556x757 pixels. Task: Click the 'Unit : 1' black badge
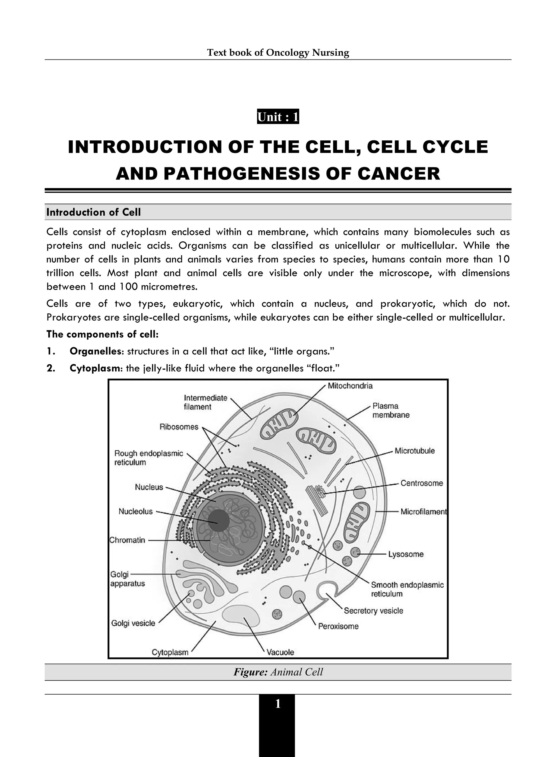[278, 117]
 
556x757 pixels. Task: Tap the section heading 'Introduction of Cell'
[94, 212]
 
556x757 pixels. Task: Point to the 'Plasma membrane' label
[390, 410]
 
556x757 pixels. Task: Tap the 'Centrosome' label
[421, 483]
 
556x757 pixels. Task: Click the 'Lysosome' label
[406, 554]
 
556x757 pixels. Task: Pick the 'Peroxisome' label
[338, 626]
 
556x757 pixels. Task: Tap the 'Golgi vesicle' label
[133, 623]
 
